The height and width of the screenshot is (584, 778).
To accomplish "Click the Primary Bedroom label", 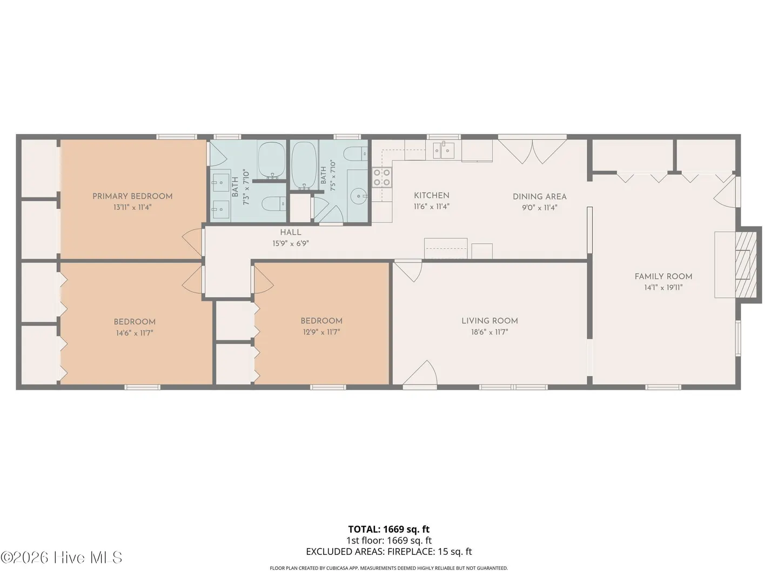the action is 132,196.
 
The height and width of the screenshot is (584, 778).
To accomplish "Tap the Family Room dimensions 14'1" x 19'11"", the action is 663,287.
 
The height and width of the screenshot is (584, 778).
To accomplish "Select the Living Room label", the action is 489,321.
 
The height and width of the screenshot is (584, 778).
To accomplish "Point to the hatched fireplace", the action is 746,264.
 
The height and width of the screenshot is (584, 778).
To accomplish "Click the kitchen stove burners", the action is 381,177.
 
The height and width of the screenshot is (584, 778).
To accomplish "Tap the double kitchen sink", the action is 444,151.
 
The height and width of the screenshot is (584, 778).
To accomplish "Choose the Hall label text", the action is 291,233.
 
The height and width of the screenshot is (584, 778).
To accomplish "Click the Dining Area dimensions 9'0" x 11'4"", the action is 539,208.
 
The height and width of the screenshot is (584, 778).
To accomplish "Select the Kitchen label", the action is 431,195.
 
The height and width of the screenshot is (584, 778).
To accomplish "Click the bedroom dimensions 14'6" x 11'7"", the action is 135,333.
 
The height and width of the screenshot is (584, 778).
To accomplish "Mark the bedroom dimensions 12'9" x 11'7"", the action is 321,332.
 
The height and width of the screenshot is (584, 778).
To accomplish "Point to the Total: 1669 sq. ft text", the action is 389,529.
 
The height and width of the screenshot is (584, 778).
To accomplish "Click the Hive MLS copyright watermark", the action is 61,558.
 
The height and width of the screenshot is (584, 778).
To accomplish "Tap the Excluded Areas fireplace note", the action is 389,552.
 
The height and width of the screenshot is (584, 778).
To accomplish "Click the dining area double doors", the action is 532,151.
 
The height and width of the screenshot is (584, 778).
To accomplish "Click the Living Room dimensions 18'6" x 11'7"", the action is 489,332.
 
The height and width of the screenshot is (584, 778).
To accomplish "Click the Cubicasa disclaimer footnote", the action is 389,568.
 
